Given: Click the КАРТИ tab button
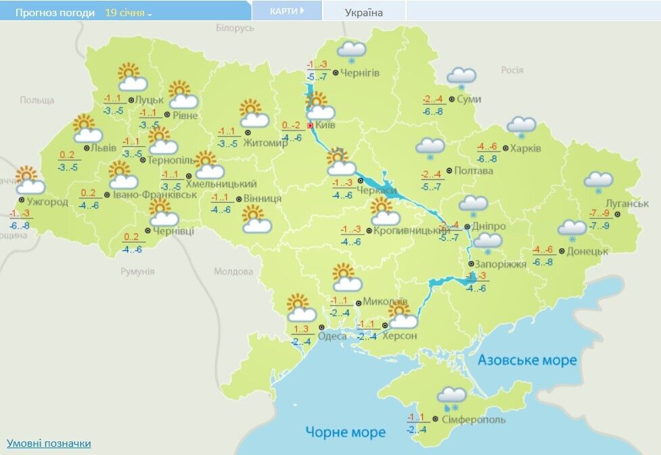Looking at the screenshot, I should [287, 11].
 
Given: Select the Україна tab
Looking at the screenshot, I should [364, 12].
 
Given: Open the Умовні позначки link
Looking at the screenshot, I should [49, 444].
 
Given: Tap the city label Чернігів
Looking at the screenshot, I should [360, 73].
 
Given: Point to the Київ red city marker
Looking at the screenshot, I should [311, 126].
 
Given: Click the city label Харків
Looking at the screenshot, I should [526, 148].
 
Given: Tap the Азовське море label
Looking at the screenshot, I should [527, 360].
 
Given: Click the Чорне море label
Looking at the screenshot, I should [345, 431].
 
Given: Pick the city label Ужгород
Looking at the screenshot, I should [48, 201].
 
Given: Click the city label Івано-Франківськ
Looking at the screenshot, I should [155, 195].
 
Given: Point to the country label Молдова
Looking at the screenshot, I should [233, 272].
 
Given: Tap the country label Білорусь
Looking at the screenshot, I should [235, 28].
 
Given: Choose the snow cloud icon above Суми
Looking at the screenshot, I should [461, 78].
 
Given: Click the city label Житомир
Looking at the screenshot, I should [273, 143].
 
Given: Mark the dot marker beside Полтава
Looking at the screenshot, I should [449, 171].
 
